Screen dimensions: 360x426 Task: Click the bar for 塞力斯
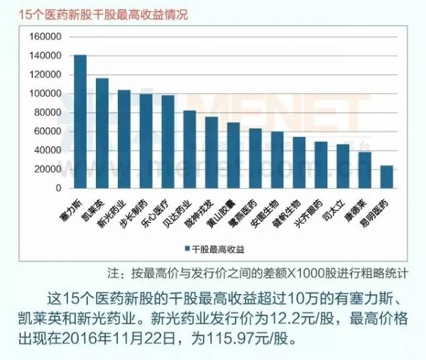pyautogui.click(x=80, y=121)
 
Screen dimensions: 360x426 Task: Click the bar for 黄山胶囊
pyautogui.click(x=234, y=156)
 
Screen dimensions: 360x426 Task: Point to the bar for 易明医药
pyautogui.click(x=387, y=177)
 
